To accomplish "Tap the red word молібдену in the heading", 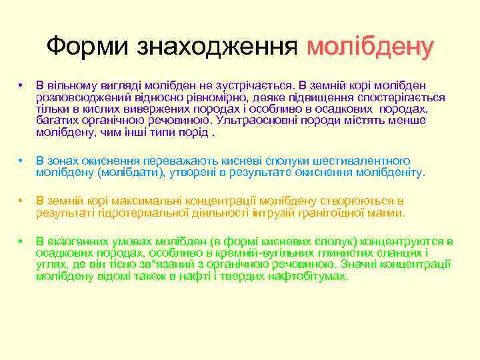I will [x=371, y=46].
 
